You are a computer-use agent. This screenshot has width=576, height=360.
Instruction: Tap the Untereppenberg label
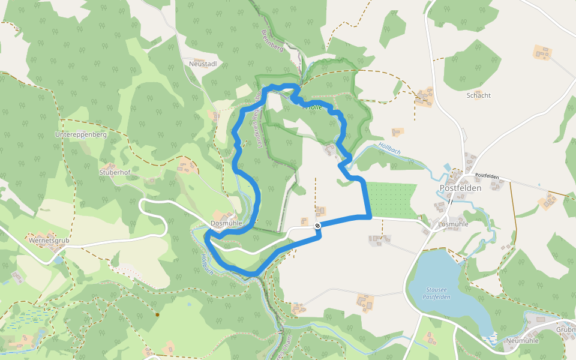[81, 135]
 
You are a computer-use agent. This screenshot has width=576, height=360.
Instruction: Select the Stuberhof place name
[115, 172]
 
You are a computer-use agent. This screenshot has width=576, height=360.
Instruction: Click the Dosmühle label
[226, 224]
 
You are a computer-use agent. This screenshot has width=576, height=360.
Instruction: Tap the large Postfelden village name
[461, 188]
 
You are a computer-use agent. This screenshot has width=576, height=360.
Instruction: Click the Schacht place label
[478, 95]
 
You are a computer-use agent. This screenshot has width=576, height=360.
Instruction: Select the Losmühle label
[453, 224]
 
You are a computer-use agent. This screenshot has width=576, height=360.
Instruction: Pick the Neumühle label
[522, 340]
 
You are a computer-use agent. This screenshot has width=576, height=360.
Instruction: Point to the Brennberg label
[272, 40]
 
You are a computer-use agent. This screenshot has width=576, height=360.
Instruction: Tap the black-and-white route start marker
[317, 226]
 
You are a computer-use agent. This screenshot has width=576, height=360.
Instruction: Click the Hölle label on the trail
[314, 107]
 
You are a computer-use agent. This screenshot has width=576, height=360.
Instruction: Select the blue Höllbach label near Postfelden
[389, 149]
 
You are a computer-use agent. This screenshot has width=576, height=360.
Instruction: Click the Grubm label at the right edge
[565, 330]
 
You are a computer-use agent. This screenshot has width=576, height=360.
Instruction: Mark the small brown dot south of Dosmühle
[157, 314]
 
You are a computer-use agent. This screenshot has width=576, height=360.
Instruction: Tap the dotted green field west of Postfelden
[391, 199]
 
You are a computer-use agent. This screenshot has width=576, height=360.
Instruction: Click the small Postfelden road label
[487, 176]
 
